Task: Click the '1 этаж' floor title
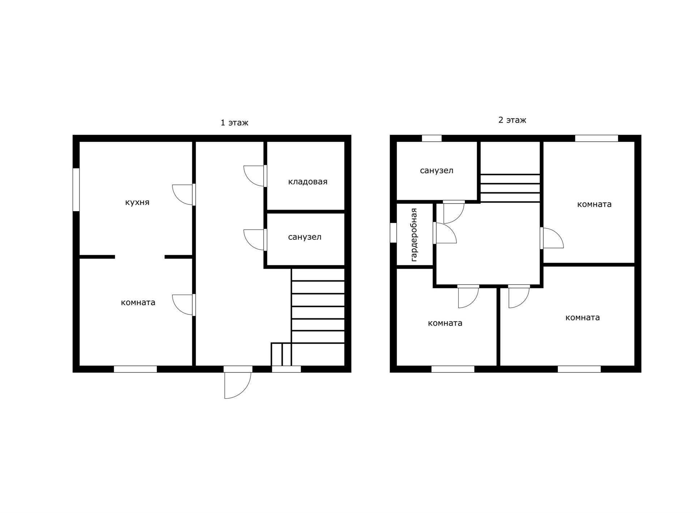coord(234,123)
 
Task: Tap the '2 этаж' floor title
coord(512,120)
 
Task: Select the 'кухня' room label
coord(137,202)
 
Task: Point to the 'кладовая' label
coord(308,181)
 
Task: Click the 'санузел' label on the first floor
coord(305,237)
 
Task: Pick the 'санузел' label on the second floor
coord(437,170)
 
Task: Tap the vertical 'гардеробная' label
coord(414,235)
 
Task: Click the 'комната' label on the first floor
coord(138,302)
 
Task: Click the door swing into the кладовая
coord(255,176)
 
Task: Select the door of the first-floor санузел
coord(255,240)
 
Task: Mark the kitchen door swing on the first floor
coord(184,195)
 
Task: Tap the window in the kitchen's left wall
coord(76,190)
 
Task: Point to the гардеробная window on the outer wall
coord(393,232)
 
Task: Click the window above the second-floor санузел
coord(432,138)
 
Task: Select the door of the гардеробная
coord(445,233)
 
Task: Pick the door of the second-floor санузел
coord(454,212)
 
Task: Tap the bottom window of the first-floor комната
coord(136,369)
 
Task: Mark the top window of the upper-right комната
coord(596,138)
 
